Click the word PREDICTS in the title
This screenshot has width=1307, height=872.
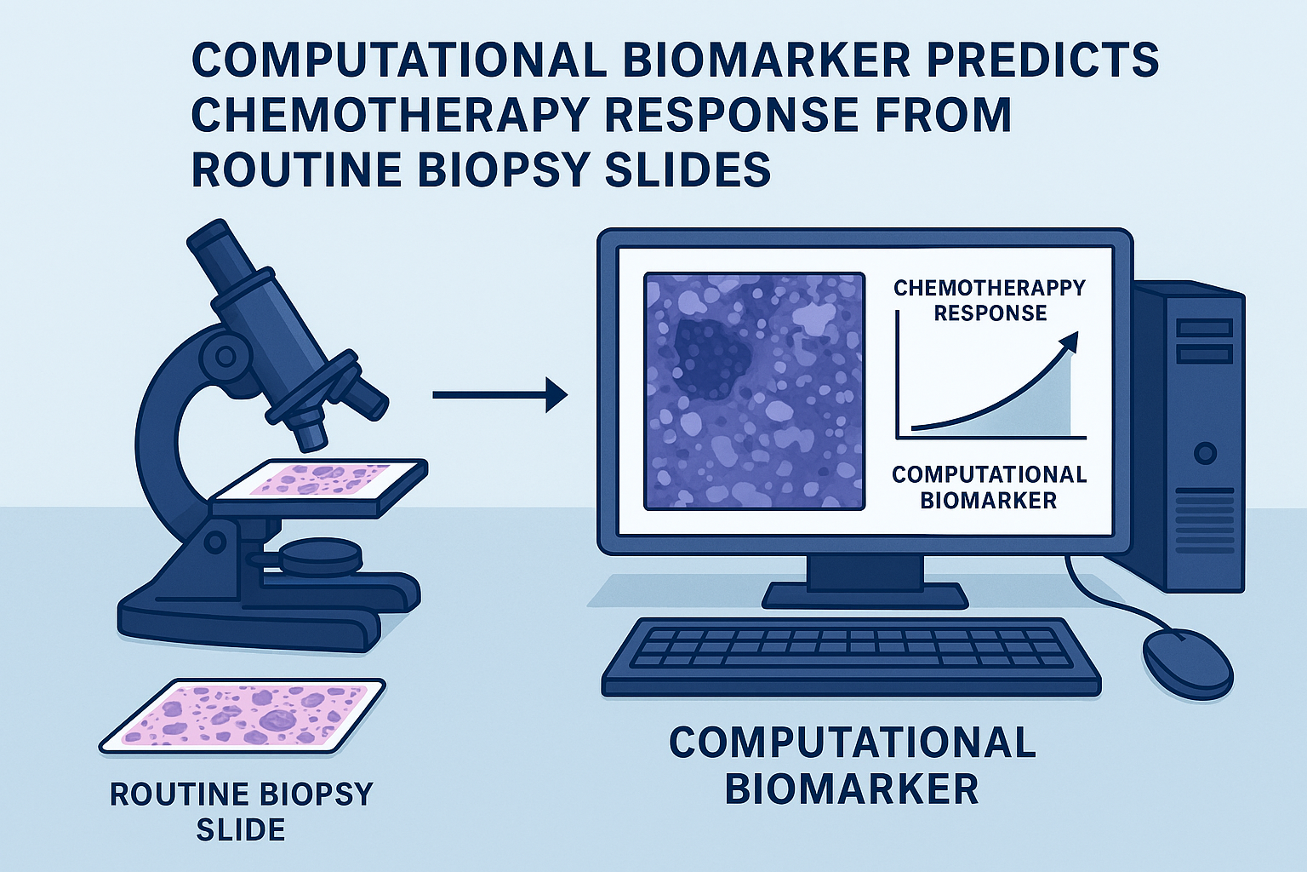click(x=1030, y=62)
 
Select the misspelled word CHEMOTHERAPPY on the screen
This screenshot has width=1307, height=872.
click(x=990, y=288)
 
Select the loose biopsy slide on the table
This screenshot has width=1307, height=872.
click(x=242, y=716)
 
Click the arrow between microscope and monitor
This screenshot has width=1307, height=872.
click(x=500, y=395)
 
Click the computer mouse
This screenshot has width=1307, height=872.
click(x=1187, y=665)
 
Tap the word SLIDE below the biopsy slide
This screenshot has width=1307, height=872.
click(x=241, y=829)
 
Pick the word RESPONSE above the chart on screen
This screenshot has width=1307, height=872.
click(x=990, y=313)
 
